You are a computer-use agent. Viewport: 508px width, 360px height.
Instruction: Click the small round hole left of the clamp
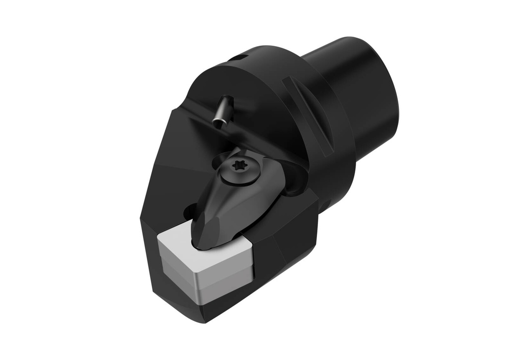pos(189,213)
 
